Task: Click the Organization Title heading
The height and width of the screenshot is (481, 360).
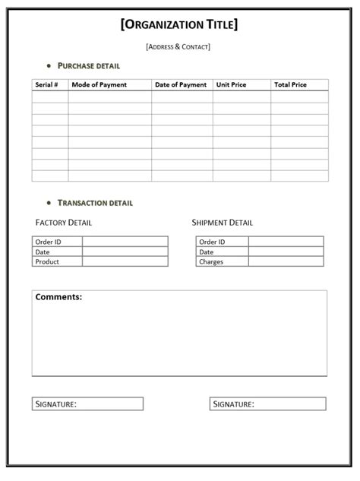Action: click(x=179, y=24)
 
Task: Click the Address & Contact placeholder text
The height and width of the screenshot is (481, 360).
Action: click(x=178, y=47)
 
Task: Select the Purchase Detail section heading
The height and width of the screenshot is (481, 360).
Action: click(x=89, y=66)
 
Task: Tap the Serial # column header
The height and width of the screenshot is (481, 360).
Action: click(x=46, y=85)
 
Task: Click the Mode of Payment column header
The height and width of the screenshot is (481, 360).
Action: click(x=99, y=85)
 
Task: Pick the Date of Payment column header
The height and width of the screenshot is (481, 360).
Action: click(x=181, y=85)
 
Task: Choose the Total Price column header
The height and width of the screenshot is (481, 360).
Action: click(x=290, y=85)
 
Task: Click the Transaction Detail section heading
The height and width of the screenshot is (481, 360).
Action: click(x=95, y=203)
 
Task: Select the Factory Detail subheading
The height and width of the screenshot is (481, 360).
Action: click(x=64, y=223)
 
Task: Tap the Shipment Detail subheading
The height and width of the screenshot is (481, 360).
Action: click(x=223, y=223)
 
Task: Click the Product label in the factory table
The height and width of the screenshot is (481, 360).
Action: click(x=47, y=261)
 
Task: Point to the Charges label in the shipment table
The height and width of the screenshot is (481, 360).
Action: click(x=211, y=261)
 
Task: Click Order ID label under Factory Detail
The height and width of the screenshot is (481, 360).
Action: click(x=48, y=242)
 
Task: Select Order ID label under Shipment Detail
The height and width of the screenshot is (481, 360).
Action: click(x=212, y=242)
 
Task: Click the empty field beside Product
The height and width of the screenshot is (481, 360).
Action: click(x=125, y=261)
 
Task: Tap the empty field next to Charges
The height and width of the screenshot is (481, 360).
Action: click(x=286, y=261)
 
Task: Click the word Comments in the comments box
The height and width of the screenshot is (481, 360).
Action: click(x=58, y=297)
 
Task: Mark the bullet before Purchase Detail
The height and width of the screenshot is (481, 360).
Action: click(x=49, y=66)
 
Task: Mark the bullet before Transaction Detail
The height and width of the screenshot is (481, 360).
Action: click(x=49, y=203)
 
